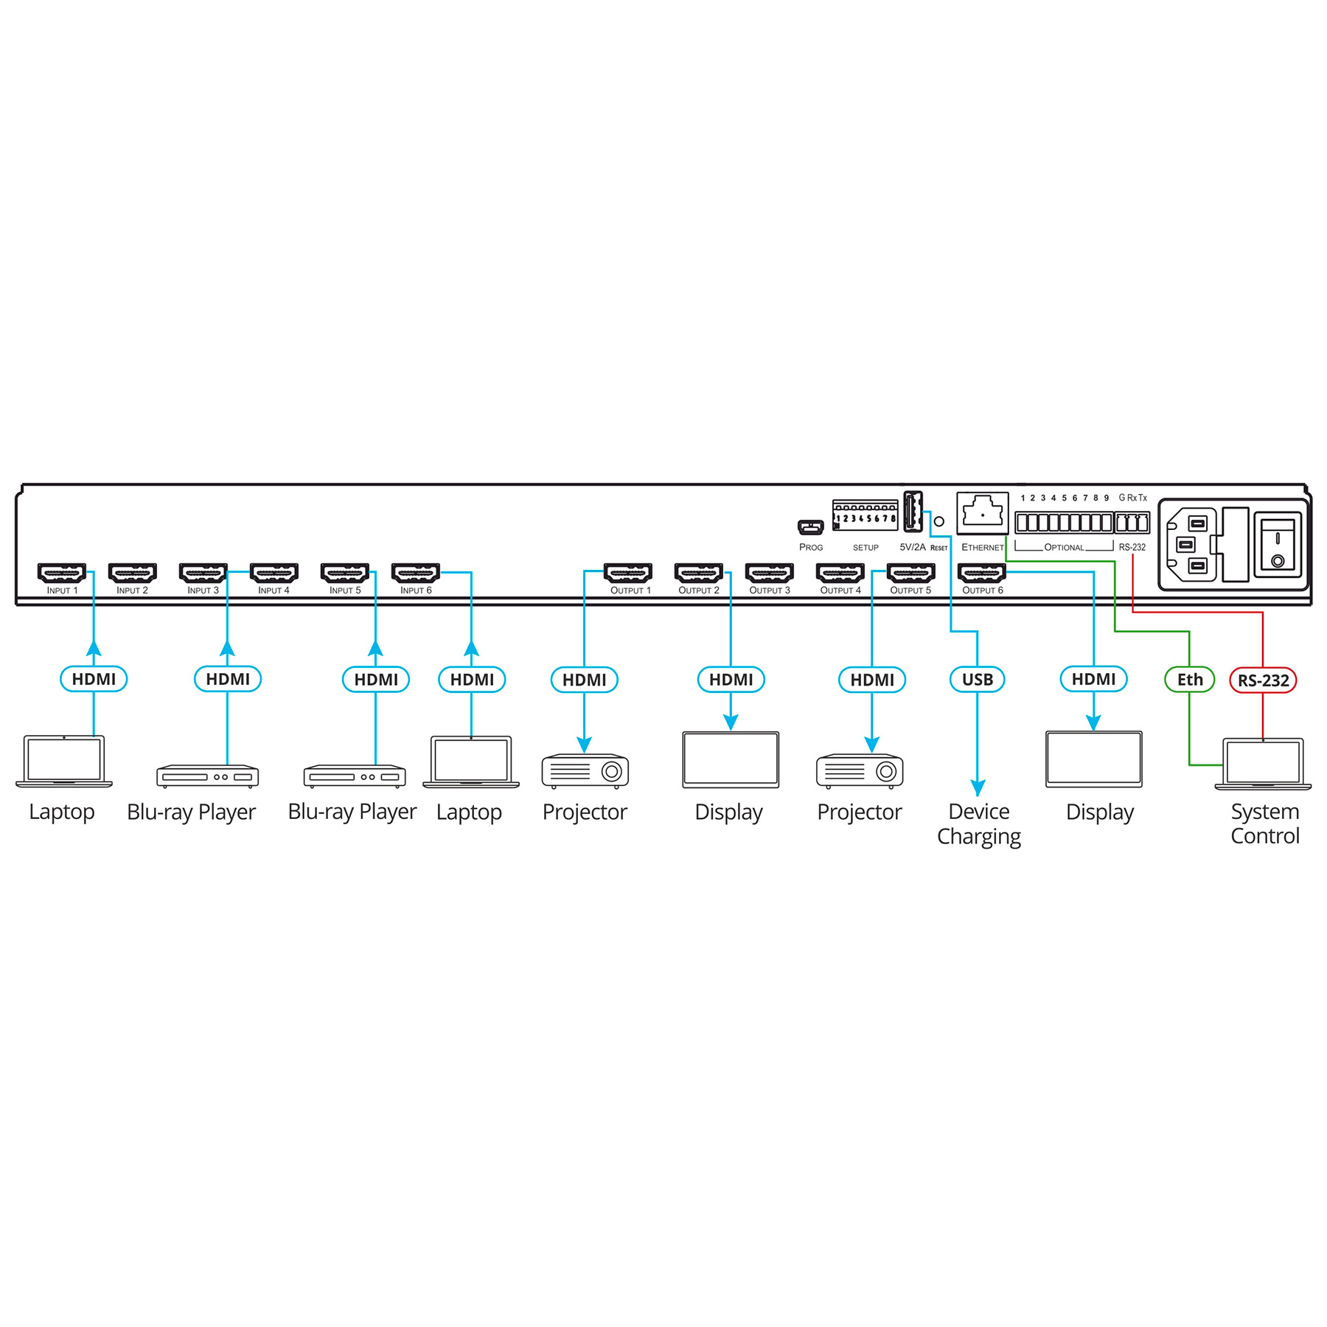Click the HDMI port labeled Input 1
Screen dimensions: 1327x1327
click(x=62, y=573)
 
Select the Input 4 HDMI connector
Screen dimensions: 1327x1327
click(x=274, y=573)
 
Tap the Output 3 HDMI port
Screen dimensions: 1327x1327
click(x=769, y=573)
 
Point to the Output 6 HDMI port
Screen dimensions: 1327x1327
click(x=981, y=573)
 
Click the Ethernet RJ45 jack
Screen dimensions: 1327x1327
click(x=982, y=512)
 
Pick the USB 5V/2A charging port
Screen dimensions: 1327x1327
click(x=913, y=512)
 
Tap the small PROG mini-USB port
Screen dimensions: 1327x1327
click(x=810, y=528)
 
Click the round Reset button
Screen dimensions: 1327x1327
click(x=939, y=521)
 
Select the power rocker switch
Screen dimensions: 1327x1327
click(x=1278, y=545)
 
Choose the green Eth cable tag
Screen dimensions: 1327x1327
click(x=1189, y=680)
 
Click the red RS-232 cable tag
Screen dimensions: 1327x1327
click(x=1263, y=680)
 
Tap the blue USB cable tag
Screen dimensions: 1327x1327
click(x=978, y=680)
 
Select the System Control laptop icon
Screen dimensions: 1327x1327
click(x=1263, y=764)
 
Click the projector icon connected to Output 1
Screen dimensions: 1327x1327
click(x=585, y=770)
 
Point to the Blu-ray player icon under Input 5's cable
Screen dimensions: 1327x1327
click(x=355, y=776)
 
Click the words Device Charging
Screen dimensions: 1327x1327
click(x=979, y=824)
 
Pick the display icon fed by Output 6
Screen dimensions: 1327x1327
click(x=1094, y=759)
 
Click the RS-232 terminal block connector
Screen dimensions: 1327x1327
click(x=1132, y=523)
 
